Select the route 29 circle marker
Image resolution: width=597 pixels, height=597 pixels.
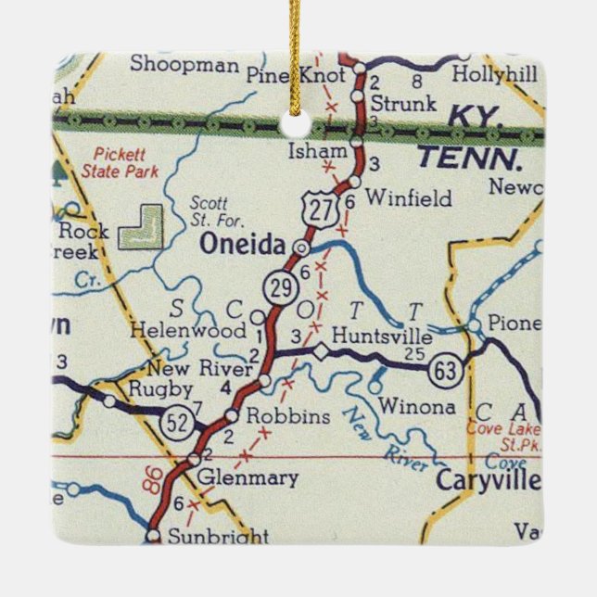click(x=282, y=288)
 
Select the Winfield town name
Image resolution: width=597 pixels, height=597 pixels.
click(x=409, y=198)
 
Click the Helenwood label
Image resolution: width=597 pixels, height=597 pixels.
click(x=187, y=331)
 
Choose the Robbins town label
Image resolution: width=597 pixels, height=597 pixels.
click(x=288, y=416)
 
